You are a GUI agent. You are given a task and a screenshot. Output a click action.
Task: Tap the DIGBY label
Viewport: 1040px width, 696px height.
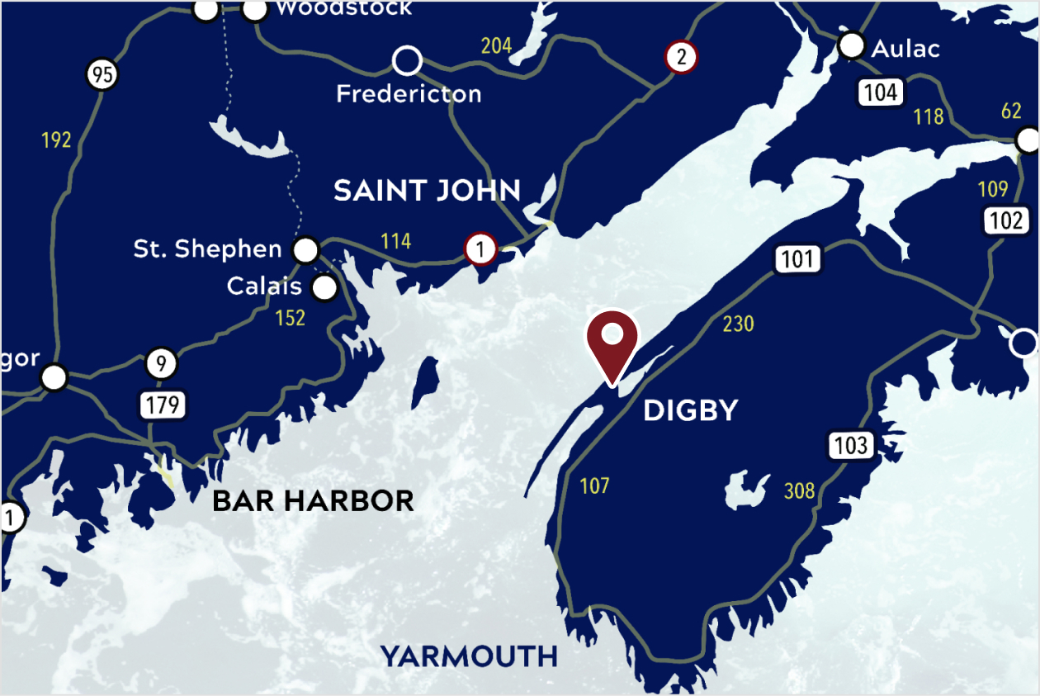pos(690,410)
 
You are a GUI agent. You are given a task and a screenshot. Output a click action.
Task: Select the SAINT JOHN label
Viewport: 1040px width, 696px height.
pos(427,191)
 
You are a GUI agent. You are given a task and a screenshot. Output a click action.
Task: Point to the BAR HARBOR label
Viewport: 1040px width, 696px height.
pos(313,500)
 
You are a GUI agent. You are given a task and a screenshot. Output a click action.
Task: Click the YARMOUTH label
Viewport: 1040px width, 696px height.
pos(469,656)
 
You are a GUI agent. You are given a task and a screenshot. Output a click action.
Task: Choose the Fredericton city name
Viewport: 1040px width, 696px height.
pos(409,93)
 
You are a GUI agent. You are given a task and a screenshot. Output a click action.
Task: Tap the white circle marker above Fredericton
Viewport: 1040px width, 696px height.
pos(406,60)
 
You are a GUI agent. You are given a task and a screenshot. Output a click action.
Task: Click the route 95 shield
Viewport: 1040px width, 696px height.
pos(102,76)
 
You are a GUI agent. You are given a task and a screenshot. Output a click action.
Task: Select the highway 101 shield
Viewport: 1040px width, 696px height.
pos(797,259)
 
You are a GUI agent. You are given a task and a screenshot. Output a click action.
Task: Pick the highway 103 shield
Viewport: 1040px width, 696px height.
pos(851,446)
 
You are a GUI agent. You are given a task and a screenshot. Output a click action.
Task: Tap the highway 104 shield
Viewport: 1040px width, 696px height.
pos(881,92)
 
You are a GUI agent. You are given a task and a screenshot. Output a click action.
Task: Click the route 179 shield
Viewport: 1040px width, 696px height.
pos(162,405)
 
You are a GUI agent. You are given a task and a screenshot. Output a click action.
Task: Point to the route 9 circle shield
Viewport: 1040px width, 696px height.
pos(162,363)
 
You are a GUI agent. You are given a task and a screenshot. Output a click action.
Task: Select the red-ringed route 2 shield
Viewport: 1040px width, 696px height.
pos(681,57)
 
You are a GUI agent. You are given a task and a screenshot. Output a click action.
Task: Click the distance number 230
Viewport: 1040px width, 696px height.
pos(738,324)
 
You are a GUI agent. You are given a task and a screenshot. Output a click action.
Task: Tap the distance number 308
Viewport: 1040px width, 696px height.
pos(799,491)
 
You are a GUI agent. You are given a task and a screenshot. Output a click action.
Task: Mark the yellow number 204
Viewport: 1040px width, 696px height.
pos(496,45)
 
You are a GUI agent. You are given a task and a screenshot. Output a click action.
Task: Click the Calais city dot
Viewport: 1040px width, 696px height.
pos(325,288)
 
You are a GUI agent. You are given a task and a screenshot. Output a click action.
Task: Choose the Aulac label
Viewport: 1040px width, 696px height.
pos(905,49)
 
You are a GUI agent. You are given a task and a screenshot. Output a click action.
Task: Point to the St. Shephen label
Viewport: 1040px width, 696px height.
pos(207,249)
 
